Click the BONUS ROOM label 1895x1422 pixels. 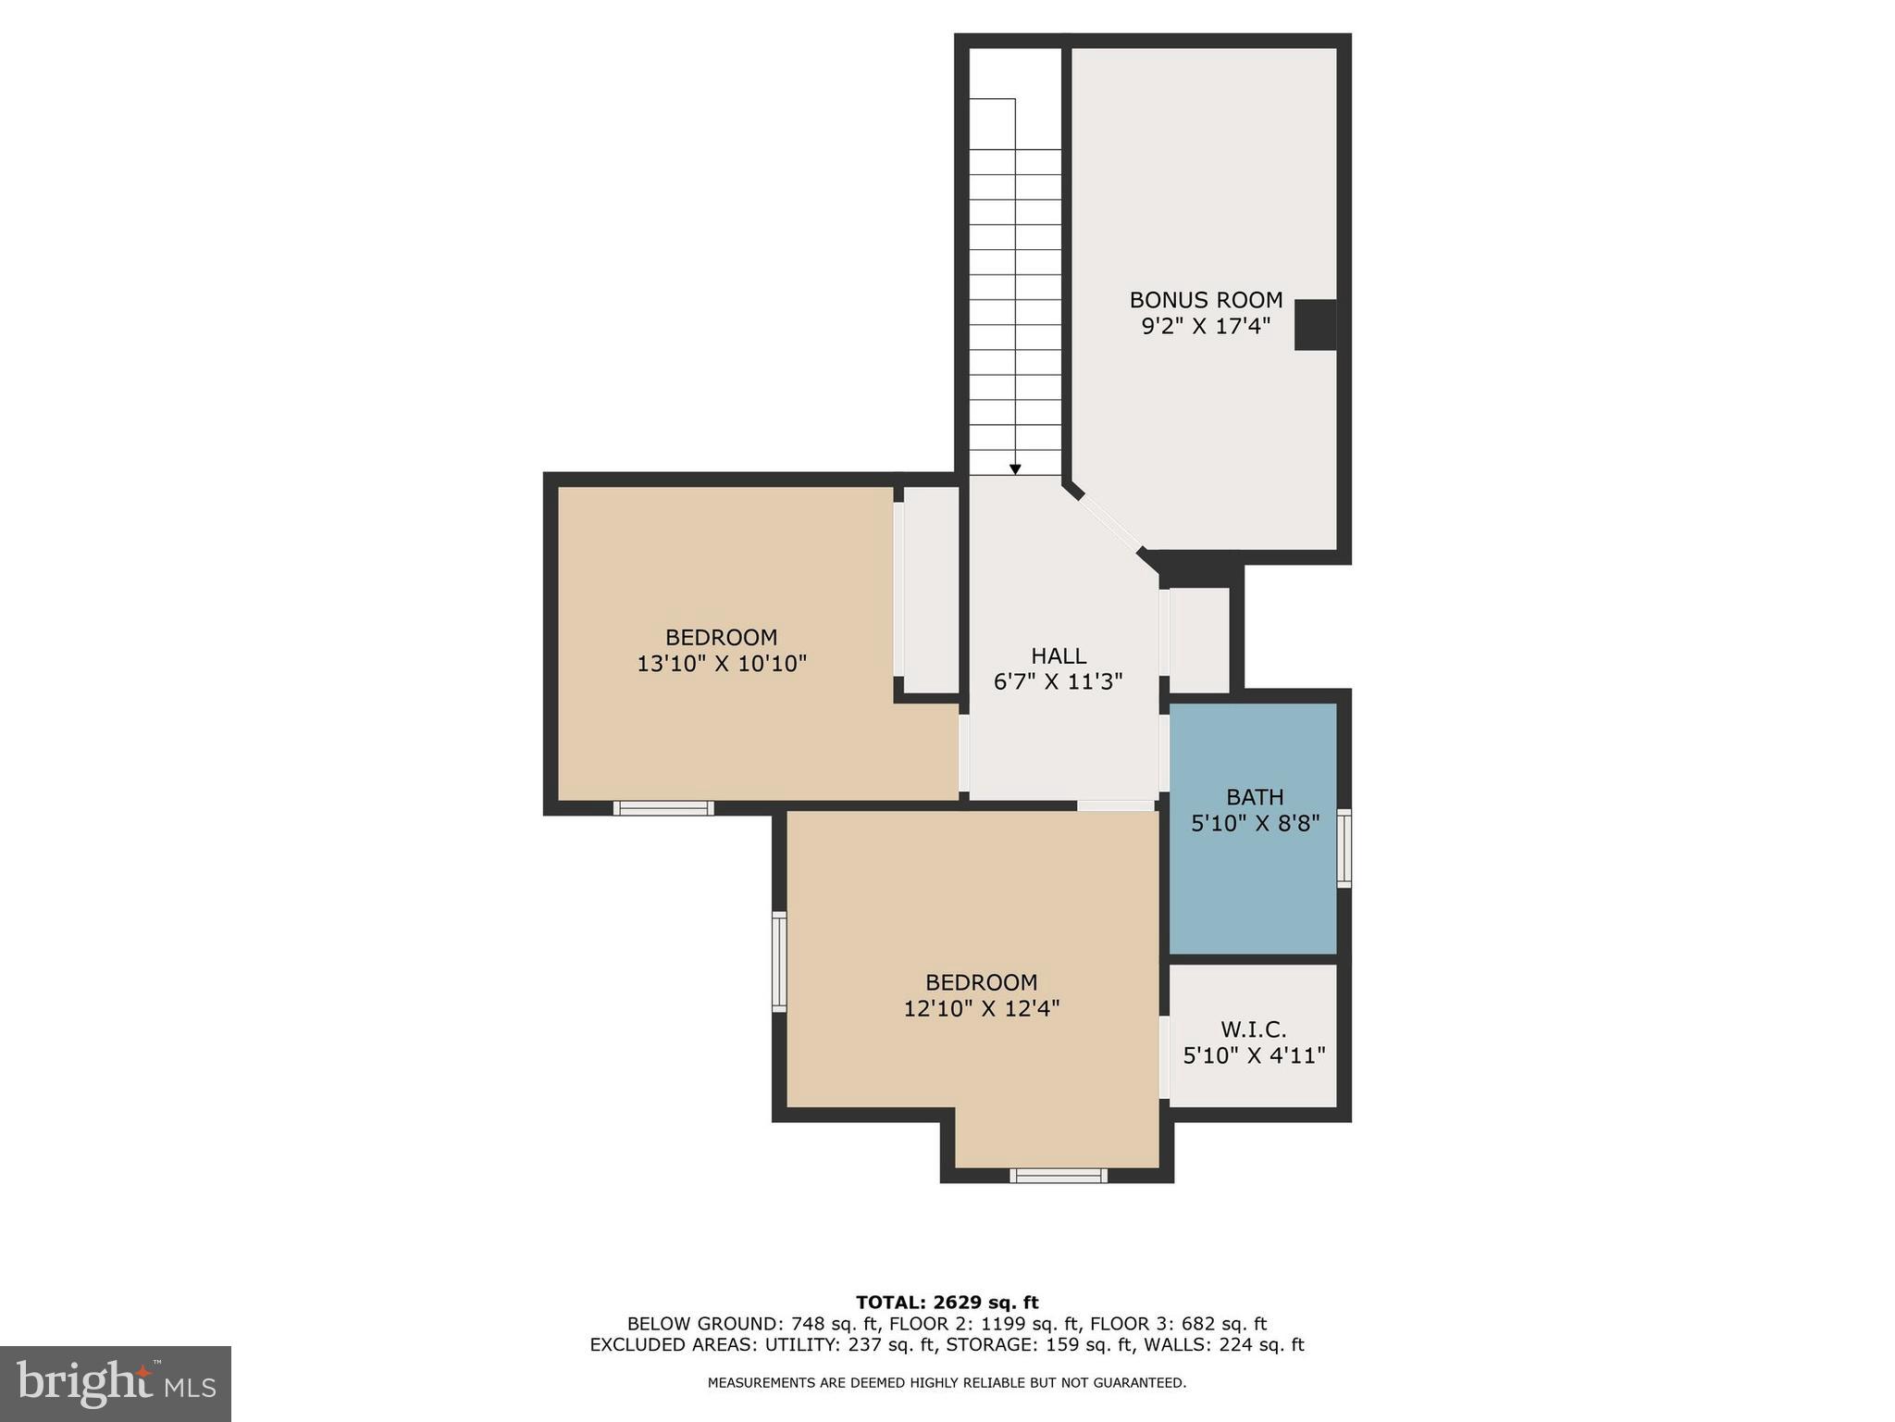[1206, 300]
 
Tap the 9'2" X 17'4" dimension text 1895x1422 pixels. [1206, 326]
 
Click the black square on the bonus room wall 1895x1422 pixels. [1314, 325]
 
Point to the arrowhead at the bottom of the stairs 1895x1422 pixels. [1015, 469]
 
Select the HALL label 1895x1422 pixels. [1059, 656]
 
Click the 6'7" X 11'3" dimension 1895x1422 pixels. [1059, 682]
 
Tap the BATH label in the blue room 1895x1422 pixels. [1255, 797]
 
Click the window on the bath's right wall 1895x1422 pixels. [1344, 848]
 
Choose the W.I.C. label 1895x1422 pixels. [1254, 1029]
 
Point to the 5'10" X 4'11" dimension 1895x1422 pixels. [1254, 1055]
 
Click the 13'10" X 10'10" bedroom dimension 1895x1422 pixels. [722, 664]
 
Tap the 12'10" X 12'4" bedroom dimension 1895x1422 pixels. [981, 1008]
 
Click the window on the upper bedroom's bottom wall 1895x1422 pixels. [663, 808]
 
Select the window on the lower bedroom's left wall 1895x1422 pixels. [779, 961]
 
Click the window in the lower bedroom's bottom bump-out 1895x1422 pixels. [1059, 1176]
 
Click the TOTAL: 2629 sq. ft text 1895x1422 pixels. [947, 1303]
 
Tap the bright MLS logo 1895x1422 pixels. [116, 1383]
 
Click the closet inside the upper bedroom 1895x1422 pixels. [931, 589]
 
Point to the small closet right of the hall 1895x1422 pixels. [1200, 639]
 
